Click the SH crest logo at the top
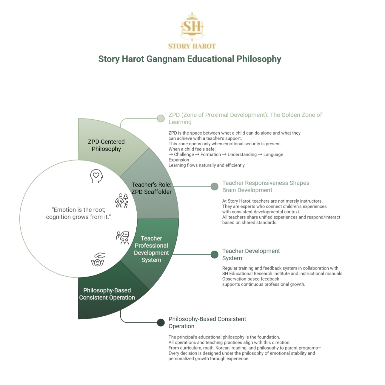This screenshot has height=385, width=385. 192,26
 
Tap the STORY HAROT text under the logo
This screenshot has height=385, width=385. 192,46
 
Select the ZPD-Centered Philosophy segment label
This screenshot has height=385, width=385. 106,145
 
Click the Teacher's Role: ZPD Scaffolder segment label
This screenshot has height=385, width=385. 152,188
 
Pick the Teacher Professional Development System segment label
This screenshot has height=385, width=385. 151,249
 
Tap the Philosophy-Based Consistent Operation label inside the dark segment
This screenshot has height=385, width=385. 107,294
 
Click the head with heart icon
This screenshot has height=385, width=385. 96,176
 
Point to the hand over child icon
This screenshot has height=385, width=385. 98,260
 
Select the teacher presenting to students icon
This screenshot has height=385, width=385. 122,238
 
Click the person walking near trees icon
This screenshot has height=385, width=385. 122,201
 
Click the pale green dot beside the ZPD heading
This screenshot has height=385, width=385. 161,118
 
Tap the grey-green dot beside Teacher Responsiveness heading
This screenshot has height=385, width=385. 214,187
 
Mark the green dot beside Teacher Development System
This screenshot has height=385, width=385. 214,255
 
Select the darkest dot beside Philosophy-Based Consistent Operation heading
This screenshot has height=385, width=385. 161,323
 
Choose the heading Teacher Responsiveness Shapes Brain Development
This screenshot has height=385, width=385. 266,187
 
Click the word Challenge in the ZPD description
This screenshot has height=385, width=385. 184,155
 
